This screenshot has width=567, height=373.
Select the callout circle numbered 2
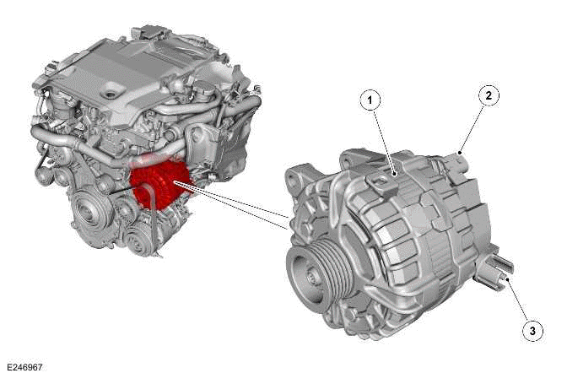(488, 95)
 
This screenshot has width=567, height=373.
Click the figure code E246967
(24, 367)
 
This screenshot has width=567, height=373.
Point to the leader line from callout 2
(472, 126)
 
